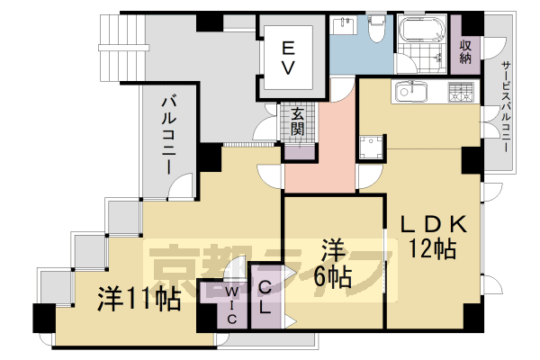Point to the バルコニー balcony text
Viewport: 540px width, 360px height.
click(168, 130)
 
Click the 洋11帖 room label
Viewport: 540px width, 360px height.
click(139, 297)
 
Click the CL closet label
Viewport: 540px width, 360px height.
click(267, 297)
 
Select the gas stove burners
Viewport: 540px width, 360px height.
click(460, 91)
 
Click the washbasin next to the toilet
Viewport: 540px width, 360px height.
click(345, 25)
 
